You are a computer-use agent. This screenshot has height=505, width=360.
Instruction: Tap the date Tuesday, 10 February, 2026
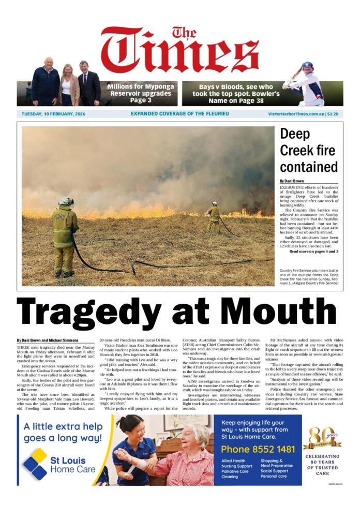pos(53,114)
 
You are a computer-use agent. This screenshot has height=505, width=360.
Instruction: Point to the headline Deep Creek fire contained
pos(309,150)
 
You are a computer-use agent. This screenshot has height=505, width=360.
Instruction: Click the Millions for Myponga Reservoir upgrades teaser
pos(140,93)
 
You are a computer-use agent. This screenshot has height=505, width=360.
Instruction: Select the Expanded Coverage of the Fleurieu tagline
pos(179,114)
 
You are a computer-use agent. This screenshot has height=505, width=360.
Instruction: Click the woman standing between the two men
pos(68,83)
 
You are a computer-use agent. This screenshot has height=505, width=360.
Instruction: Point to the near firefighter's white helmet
pos(66,201)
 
